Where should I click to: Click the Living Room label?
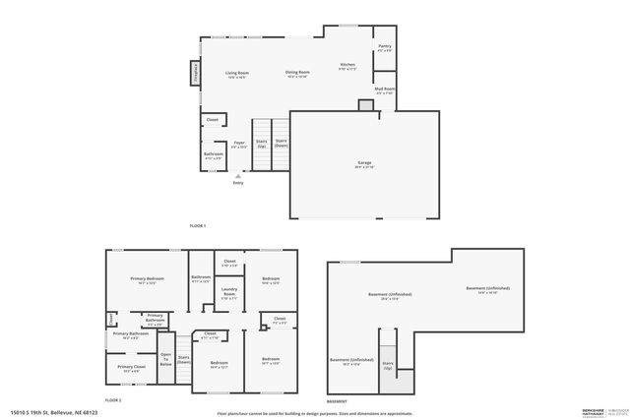click(236, 74)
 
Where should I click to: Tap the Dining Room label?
click(297, 74)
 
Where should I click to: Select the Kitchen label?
click(347, 66)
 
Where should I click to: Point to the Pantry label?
click(384, 47)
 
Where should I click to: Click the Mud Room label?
click(384, 90)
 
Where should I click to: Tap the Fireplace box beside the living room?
click(195, 74)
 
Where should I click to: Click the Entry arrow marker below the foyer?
click(237, 175)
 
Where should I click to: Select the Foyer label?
click(238, 145)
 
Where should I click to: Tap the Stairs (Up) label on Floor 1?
click(261, 143)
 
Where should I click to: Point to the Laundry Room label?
click(228, 292)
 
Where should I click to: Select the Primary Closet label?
click(131, 368)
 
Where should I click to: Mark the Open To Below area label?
click(165, 359)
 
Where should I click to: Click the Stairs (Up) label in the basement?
click(388, 366)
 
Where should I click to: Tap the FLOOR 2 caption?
click(113, 400)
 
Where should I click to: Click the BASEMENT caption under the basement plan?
click(337, 401)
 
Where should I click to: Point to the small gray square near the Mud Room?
click(365, 105)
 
